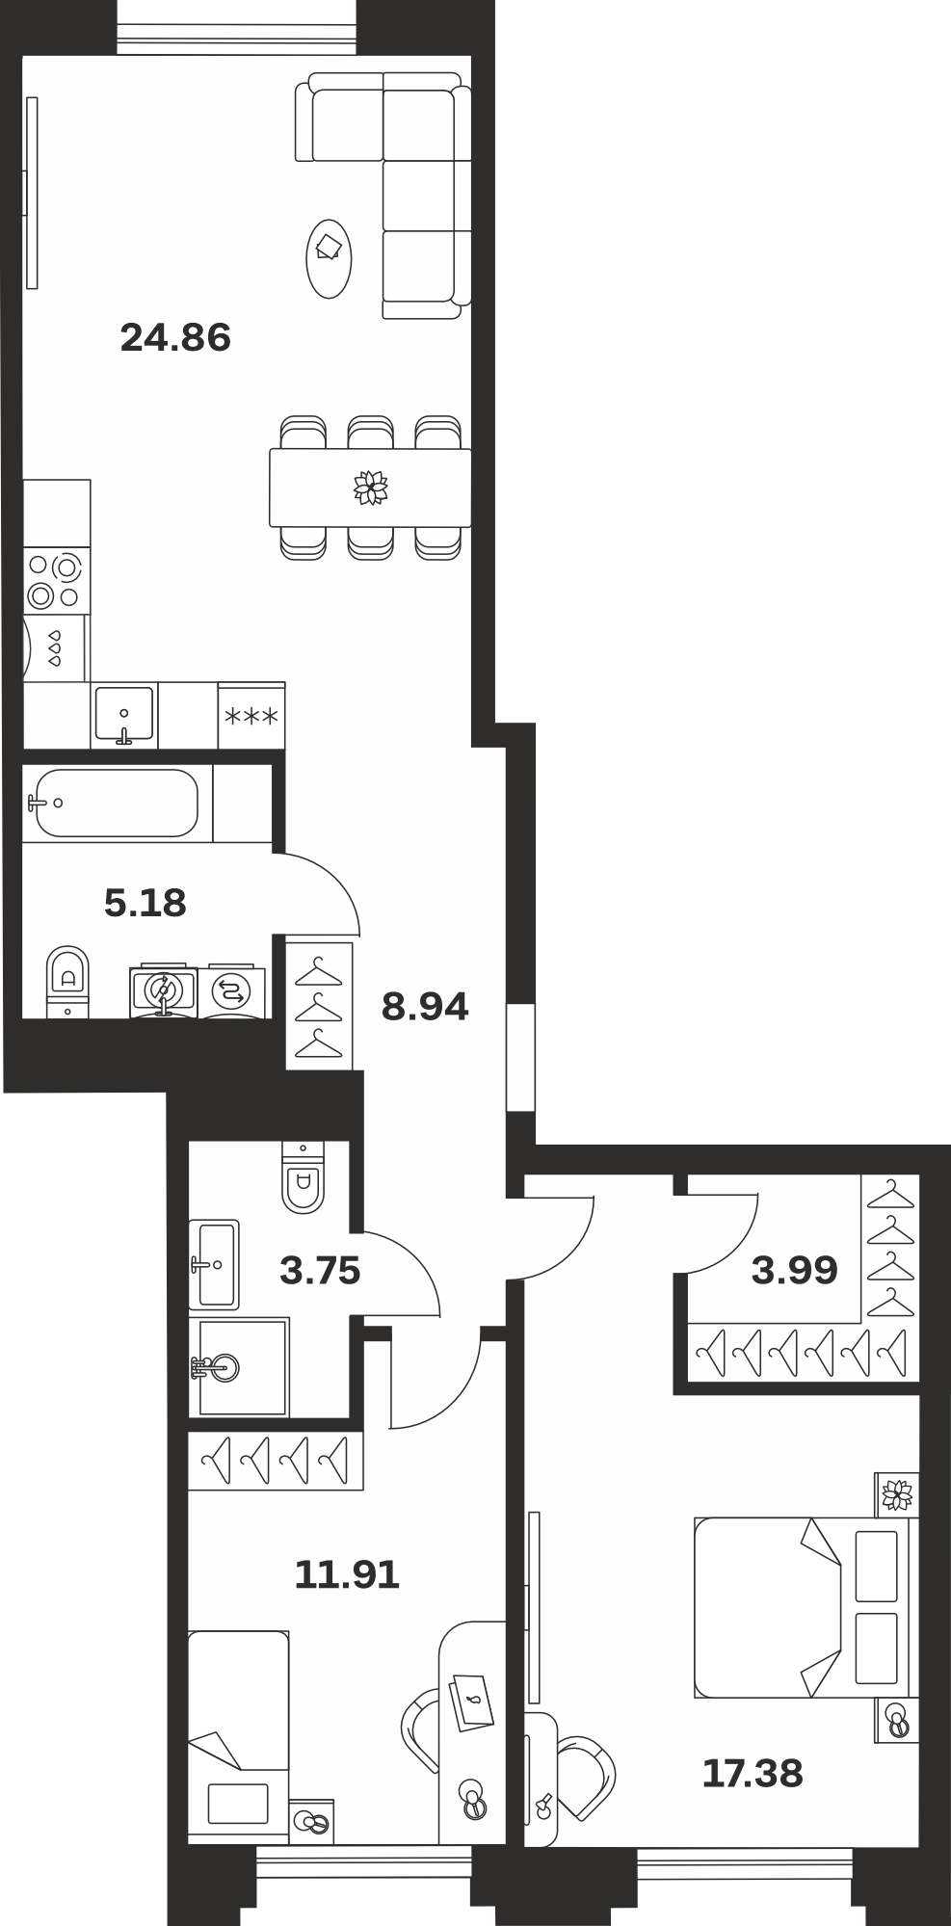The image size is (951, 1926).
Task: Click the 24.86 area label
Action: [175, 338]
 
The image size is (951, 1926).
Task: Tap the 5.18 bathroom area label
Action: [145, 904]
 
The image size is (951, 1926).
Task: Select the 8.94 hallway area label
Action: [425, 1007]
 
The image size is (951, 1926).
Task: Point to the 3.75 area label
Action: [320, 1271]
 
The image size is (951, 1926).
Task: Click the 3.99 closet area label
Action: [795, 1271]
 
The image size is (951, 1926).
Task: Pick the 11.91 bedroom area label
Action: [347, 1575]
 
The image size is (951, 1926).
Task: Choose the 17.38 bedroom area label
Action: [753, 1774]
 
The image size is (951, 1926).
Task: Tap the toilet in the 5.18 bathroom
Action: [67, 981]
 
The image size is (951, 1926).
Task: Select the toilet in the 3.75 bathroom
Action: [303, 1176]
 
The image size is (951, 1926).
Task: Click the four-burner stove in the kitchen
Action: [54, 581]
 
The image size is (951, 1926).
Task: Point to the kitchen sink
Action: [124, 715]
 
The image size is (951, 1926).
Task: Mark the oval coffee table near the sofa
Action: [329, 258]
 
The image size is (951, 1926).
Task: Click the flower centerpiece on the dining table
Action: [370, 488]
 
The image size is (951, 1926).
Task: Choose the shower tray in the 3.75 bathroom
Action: [243, 1366]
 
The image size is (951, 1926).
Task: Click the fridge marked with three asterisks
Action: [251, 716]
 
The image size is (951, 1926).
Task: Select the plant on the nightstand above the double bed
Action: [897, 1494]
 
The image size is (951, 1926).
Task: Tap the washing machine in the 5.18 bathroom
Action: [231, 990]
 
